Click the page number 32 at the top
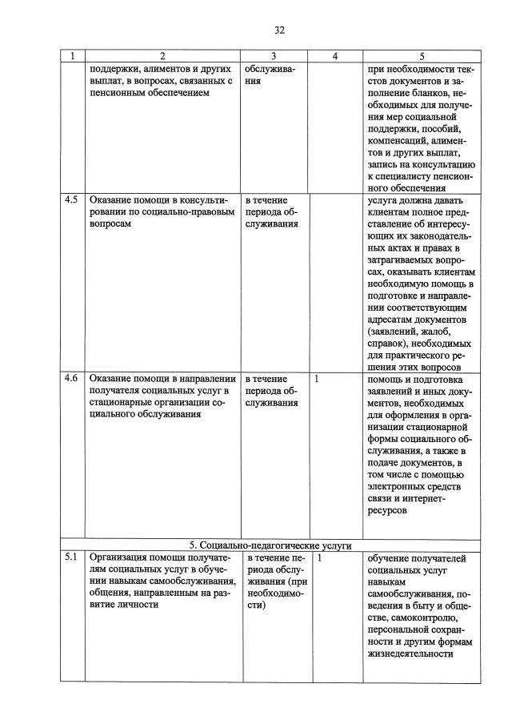point(279,30)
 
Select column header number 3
point(274,56)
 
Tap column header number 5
point(422,56)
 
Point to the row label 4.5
point(71,200)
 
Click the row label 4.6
point(71,379)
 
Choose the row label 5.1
point(71,557)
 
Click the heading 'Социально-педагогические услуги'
point(276,545)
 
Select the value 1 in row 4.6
point(318,379)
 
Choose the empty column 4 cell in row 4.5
point(334,280)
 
